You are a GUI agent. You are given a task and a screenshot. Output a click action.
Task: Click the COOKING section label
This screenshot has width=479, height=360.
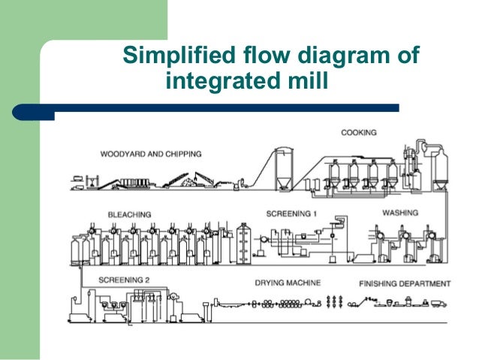tap(359, 133)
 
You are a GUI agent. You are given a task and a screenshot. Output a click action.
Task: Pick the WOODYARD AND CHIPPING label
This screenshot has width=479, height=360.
tap(151, 154)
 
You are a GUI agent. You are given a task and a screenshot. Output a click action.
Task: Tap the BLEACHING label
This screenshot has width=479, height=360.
tap(129, 214)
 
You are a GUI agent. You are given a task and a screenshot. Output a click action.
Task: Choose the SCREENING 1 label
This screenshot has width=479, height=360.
tap(292, 214)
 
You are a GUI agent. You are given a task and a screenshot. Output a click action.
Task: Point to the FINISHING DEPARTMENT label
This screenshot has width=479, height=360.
tap(405, 283)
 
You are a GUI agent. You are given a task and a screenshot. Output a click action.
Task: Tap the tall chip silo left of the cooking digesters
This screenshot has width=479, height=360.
tap(284, 169)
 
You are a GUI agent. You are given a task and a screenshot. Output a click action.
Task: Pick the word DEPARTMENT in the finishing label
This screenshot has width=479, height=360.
tap(426, 283)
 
